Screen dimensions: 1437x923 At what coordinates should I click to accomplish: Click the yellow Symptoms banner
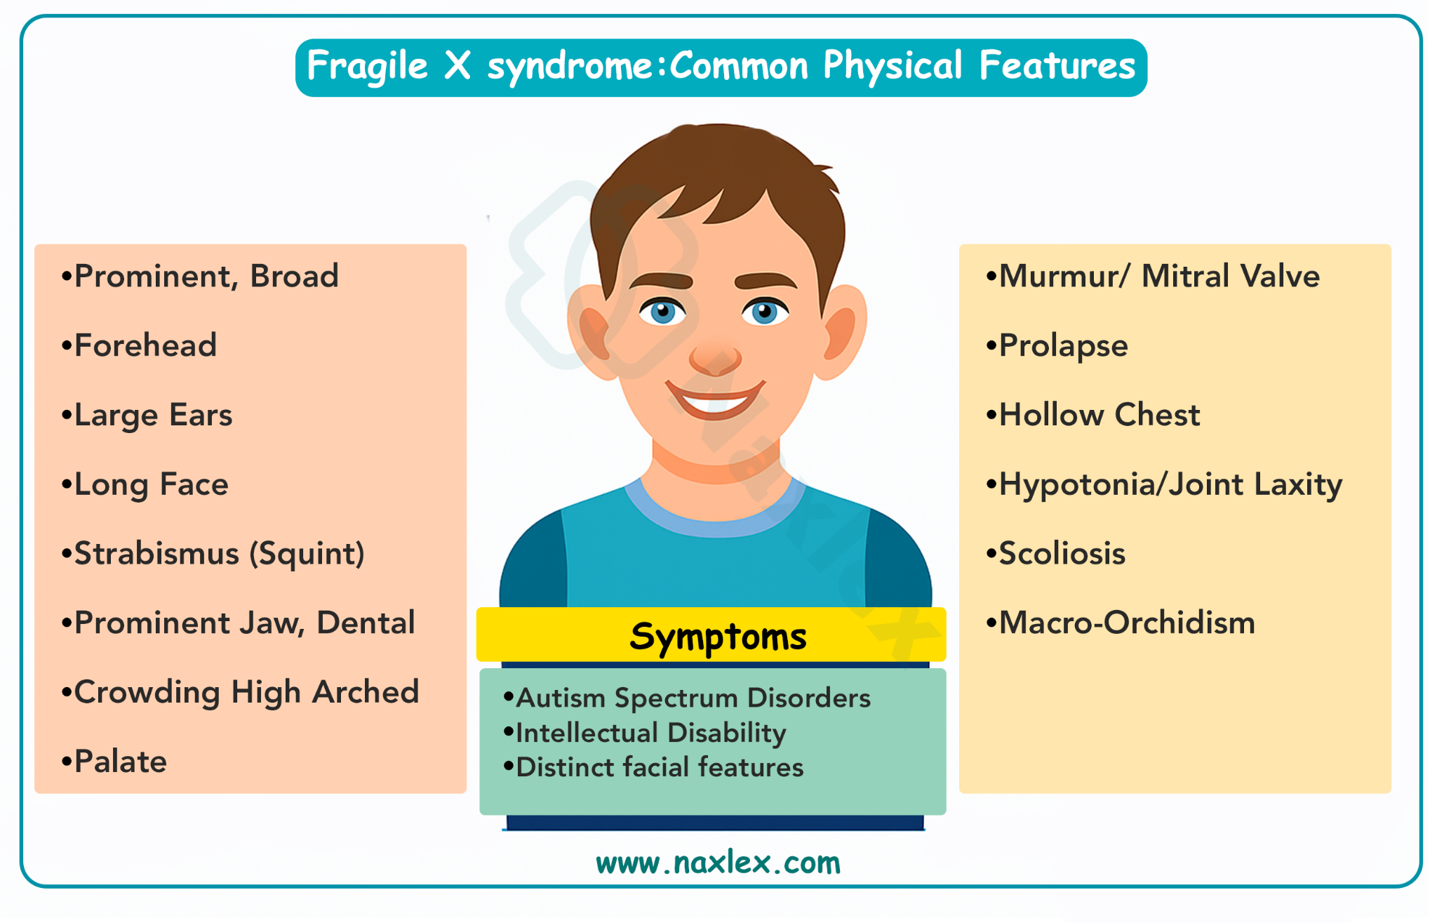(711, 635)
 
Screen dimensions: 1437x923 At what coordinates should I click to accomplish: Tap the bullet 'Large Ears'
(147, 415)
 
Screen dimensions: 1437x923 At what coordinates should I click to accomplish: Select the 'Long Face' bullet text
(145, 484)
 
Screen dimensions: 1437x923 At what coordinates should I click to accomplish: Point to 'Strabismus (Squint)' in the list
(213, 554)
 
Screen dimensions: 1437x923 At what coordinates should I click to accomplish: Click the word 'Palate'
(121, 762)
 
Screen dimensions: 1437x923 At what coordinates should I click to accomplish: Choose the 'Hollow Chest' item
(1092, 415)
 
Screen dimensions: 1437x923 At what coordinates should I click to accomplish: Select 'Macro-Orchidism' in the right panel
(1120, 623)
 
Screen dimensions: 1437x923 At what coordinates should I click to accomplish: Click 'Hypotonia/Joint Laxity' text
(1163, 484)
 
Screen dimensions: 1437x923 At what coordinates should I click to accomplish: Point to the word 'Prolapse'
(1063, 346)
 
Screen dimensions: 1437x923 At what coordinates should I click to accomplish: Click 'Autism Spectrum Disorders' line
(687, 698)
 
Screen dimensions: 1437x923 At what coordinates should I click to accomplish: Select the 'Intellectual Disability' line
(645, 733)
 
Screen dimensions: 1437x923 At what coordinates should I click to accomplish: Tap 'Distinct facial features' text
(653, 767)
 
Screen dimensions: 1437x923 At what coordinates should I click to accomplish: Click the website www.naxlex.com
(718, 863)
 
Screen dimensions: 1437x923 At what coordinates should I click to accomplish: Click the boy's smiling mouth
(715, 400)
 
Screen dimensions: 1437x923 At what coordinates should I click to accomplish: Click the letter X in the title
(457, 65)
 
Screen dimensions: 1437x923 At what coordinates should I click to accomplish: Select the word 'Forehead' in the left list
(145, 345)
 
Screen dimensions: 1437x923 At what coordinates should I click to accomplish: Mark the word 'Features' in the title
(1057, 65)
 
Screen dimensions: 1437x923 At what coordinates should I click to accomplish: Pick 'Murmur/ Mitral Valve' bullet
(1153, 276)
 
